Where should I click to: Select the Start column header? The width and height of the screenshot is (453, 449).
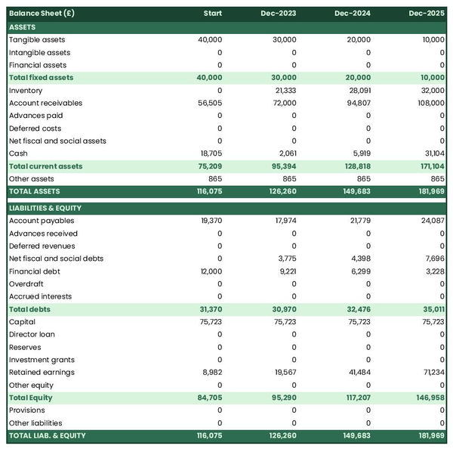[x=212, y=14]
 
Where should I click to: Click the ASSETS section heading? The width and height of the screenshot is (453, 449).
[x=23, y=27]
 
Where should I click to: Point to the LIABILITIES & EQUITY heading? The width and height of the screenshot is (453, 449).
[x=45, y=208]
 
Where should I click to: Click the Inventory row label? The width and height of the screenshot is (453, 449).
[x=26, y=91]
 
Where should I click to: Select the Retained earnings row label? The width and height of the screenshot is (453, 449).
[x=42, y=372]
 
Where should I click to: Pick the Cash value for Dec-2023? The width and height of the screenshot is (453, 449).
[x=286, y=153]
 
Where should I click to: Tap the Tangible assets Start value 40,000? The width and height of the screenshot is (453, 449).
[x=210, y=39]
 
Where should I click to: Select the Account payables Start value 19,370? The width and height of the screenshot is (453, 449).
[x=211, y=221]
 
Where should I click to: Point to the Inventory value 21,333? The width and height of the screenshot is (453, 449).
[x=285, y=91]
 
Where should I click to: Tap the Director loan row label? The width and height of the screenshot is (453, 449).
[x=32, y=334]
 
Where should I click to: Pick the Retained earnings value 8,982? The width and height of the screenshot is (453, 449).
[x=212, y=372]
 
